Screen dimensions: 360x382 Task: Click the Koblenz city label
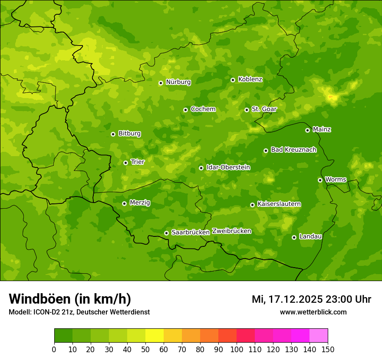coord(250,79)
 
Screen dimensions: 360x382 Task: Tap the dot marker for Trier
coord(125,163)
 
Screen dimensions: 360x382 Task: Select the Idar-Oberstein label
coord(228,167)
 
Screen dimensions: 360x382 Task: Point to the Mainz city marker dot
coord(307,130)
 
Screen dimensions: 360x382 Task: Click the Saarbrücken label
coord(191,232)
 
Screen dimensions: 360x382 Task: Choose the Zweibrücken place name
coord(231,231)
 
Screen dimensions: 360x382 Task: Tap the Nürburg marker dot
coord(161,83)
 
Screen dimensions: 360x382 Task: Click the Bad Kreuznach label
coord(293,150)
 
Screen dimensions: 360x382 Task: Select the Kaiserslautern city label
coord(279,204)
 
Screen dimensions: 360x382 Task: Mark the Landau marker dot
coord(294,237)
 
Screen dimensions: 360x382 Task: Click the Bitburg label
coord(129,134)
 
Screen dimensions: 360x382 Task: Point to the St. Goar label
coord(264,109)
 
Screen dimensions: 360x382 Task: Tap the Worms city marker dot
coord(320,180)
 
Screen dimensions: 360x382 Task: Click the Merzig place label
coord(140,203)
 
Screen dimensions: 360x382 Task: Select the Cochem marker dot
coord(185,110)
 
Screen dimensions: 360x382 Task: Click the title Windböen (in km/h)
coord(69,299)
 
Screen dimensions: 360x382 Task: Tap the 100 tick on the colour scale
coord(237,349)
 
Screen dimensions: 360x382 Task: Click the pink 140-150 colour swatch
coord(319,336)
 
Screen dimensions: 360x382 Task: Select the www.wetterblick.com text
coord(313,312)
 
